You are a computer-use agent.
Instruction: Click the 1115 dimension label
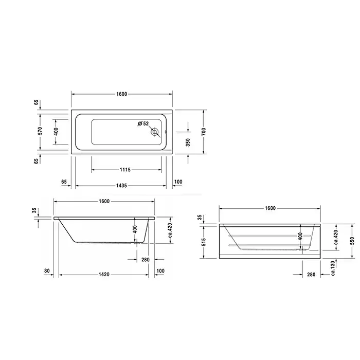(125, 170)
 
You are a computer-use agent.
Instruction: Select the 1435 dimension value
(121, 186)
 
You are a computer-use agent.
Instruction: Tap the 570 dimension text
(40, 131)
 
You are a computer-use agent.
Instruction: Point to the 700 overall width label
(204, 131)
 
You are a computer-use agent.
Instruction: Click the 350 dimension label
(188, 142)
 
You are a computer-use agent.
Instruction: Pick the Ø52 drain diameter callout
(143, 123)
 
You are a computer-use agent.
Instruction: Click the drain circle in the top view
(155, 132)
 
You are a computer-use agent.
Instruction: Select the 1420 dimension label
(104, 274)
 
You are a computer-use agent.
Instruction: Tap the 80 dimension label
(47, 271)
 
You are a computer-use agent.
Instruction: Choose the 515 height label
(204, 242)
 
